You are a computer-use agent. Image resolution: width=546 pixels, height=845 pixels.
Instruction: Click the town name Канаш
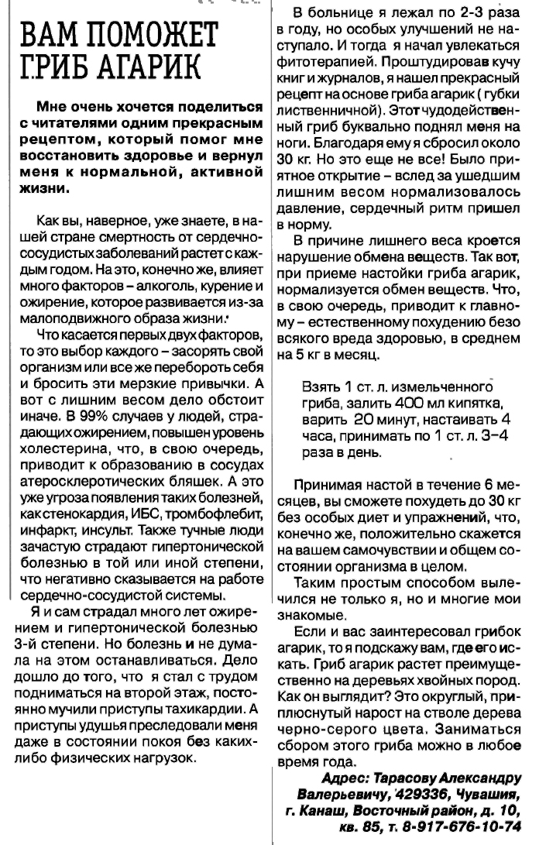coord(319,812)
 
